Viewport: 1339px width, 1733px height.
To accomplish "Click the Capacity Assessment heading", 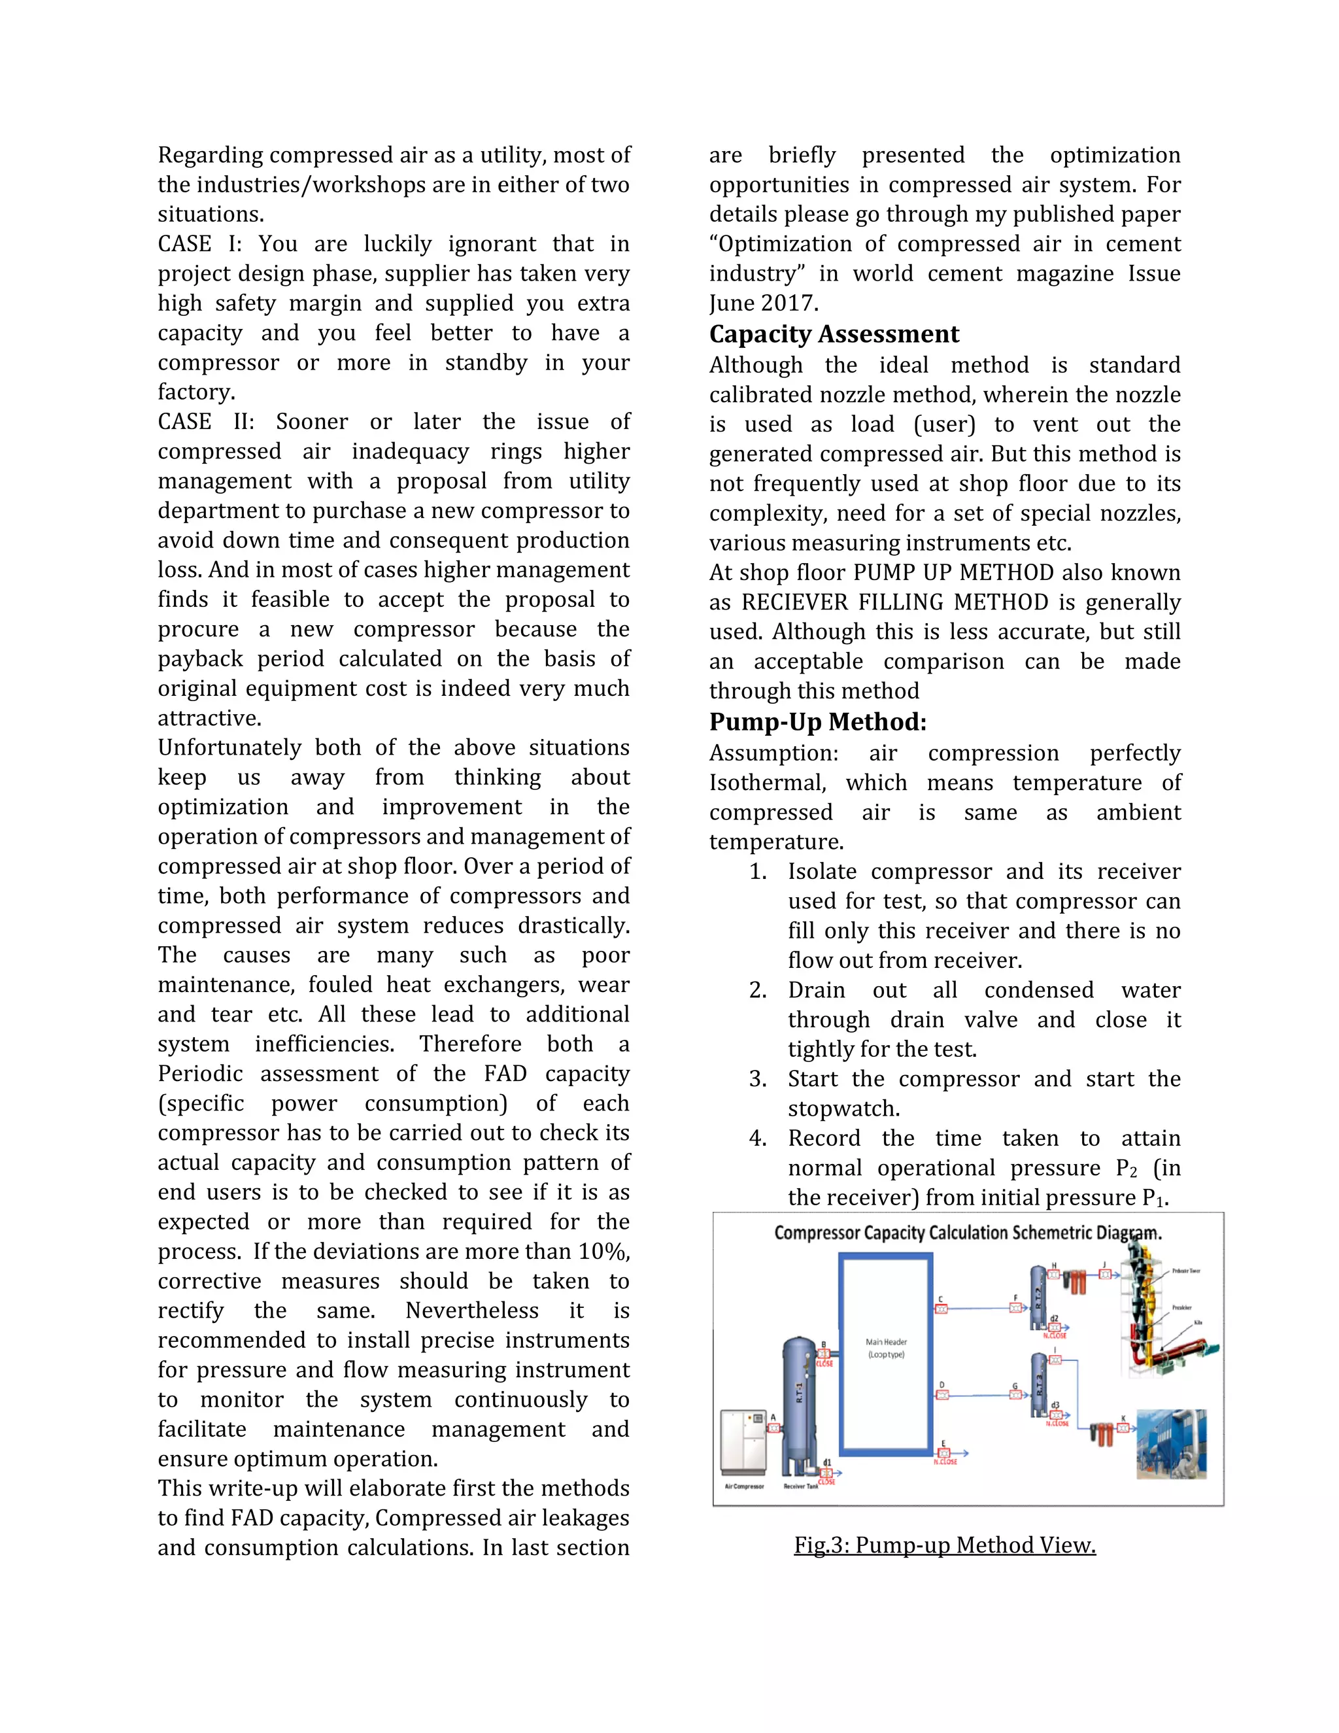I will pos(834,334).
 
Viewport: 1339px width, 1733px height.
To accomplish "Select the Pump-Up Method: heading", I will pos(817,722).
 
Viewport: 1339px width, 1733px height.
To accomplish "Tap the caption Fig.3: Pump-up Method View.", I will pos(944,1545).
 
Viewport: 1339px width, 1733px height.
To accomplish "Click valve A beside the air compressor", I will pos(773,1428).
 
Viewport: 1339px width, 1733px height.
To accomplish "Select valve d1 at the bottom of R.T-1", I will pos(826,1473).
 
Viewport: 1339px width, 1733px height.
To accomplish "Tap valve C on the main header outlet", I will pos(941,1309).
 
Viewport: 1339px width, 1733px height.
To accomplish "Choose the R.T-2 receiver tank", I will pos(1038,1298).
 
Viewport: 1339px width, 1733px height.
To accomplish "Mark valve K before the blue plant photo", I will pos(1123,1428).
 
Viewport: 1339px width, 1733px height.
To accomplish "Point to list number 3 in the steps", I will pos(758,1079).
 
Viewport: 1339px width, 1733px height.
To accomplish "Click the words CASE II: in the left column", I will pos(205,421).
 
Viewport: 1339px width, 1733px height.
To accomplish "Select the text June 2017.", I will pos(763,303).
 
